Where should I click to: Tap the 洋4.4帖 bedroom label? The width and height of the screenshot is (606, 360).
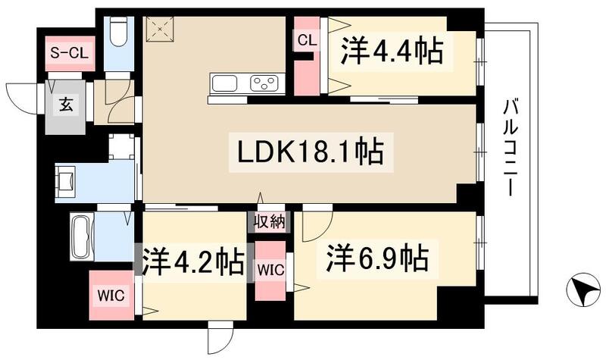pyautogui.click(x=391, y=51)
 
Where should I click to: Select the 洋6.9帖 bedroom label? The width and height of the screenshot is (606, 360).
pyautogui.click(x=377, y=259)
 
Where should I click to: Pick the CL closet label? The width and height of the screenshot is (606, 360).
pyautogui.click(x=307, y=40)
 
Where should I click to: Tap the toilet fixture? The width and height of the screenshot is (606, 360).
pyautogui.click(x=119, y=32)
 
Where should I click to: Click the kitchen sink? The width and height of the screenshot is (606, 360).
pyautogui.click(x=226, y=82)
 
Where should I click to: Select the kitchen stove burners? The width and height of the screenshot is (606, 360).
pyautogui.click(x=265, y=82)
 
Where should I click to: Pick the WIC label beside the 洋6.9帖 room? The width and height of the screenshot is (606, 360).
pyautogui.click(x=270, y=269)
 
